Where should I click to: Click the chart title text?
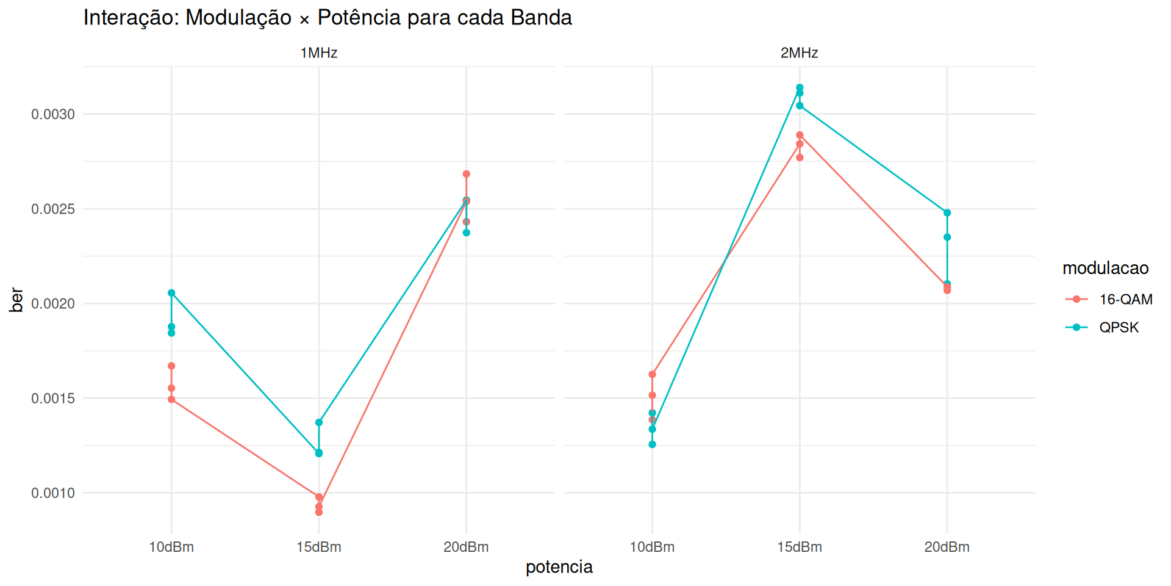328,18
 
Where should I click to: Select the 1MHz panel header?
318,53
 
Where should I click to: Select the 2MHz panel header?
799,53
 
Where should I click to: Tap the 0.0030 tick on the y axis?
53,115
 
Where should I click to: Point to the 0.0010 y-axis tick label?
53,493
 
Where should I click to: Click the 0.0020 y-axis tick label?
53,304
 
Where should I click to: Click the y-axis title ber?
17,300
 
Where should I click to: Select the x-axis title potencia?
559,567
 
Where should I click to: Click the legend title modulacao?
1105,268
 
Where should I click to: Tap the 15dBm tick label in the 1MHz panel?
318,547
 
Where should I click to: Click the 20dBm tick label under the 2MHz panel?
947,547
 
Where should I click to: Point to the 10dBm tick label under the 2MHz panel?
652,547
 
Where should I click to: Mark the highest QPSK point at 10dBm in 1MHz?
171,293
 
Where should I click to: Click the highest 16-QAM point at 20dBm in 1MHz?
467,174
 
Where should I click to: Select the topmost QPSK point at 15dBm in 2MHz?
800,88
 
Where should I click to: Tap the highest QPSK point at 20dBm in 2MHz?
947,213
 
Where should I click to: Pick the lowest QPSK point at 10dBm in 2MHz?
652,444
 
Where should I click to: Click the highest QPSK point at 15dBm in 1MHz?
319,422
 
